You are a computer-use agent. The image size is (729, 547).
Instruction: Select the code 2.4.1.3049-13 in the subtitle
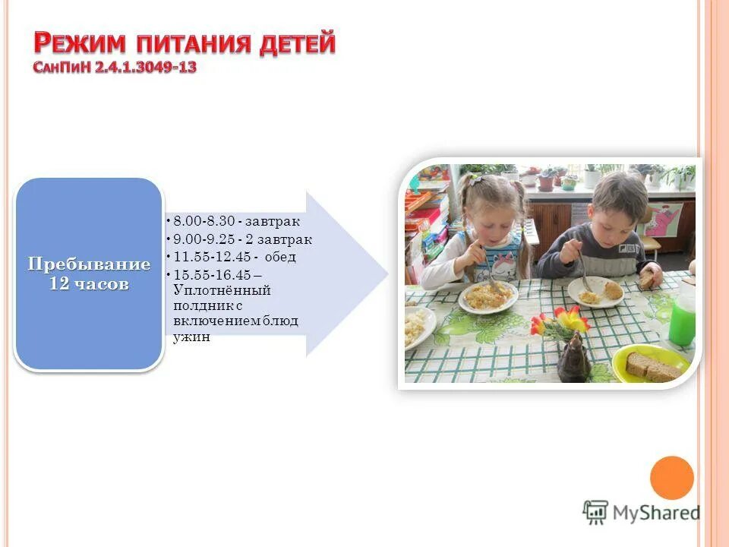146,68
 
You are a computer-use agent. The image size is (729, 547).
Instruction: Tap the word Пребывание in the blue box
89,265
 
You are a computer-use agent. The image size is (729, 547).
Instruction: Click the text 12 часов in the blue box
89,284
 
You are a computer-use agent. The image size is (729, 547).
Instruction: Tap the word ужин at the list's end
191,337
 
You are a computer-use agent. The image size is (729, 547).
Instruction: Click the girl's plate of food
488,296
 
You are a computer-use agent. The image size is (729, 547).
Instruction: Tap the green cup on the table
682,320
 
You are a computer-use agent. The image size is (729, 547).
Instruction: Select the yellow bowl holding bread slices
651,364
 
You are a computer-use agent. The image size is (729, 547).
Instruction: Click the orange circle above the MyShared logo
672,478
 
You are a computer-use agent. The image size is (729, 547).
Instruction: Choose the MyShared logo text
655,512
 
